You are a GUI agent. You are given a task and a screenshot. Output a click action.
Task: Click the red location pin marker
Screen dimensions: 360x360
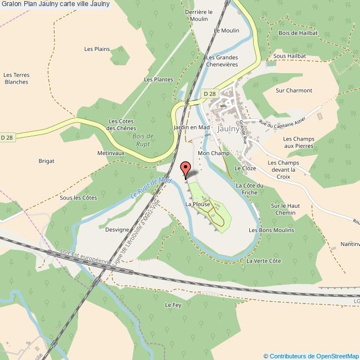pos(186,168)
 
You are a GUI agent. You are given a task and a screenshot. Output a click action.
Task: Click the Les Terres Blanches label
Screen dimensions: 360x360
pos(16,79)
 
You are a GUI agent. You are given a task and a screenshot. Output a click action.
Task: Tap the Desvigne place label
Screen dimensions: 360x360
pos(116,229)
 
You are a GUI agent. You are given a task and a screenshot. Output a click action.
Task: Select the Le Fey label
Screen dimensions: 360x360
pos(173,305)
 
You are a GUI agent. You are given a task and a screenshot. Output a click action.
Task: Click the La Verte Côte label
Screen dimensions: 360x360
pos(264,261)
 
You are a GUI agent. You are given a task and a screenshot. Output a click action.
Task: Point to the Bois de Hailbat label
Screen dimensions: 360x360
pos(299,33)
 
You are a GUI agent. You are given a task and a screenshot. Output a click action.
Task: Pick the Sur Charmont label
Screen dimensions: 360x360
pos(294,90)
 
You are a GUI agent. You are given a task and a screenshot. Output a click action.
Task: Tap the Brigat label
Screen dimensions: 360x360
pos(47,161)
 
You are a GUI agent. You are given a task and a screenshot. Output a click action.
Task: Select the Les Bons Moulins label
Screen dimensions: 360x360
pos(271,230)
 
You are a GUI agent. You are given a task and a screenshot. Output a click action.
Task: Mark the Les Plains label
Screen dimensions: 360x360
pos(97,49)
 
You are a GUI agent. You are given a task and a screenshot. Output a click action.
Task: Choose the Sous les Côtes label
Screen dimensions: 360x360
pos(79,197)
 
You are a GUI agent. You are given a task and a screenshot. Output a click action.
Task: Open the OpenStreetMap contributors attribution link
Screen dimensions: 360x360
pos(311,356)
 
